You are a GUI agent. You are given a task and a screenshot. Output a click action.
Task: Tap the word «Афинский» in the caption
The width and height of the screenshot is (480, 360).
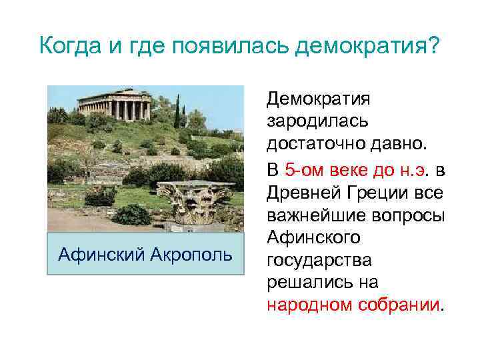tap(99, 254)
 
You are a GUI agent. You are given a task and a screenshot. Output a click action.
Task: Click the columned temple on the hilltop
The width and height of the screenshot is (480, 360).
tap(114, 104)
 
